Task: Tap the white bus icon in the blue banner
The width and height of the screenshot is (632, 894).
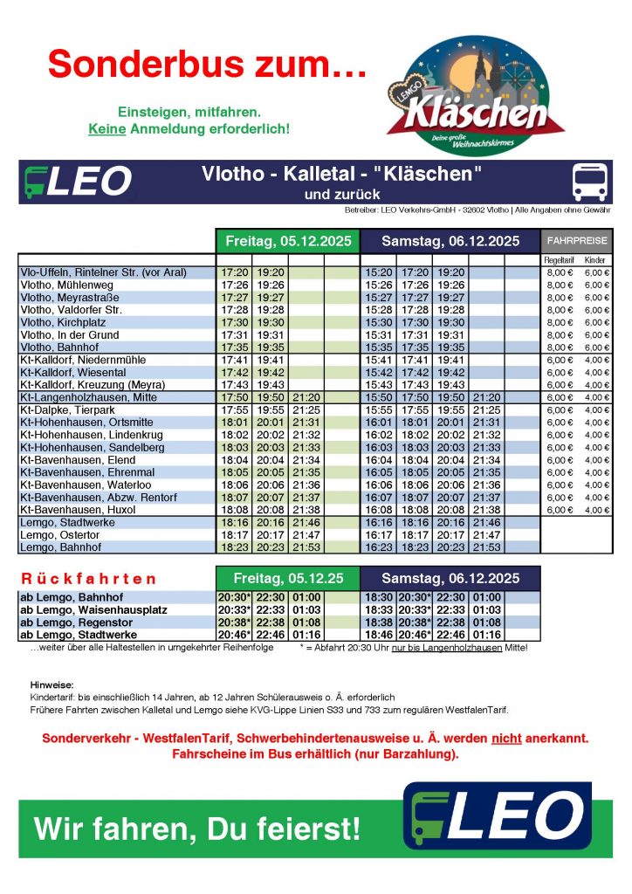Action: (589, 181)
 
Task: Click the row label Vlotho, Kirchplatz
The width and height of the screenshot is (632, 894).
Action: (60, 322)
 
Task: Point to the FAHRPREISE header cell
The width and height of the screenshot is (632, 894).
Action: (576, 241)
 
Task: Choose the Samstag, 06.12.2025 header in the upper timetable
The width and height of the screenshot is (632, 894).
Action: (449, 241)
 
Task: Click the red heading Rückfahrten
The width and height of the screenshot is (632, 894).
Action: (88, 579)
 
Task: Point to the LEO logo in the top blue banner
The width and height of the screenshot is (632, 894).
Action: (78, 181)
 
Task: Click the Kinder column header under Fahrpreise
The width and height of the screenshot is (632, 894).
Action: (596, 260)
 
